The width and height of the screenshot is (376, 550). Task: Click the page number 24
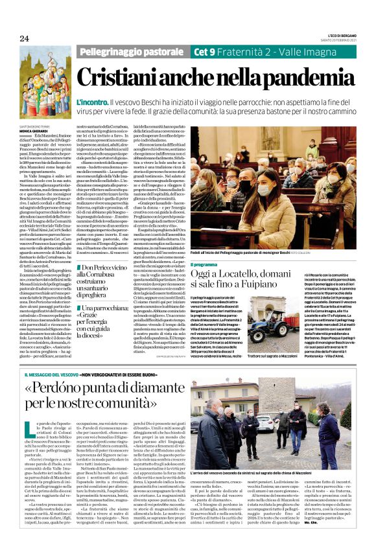tap(25, 40)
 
